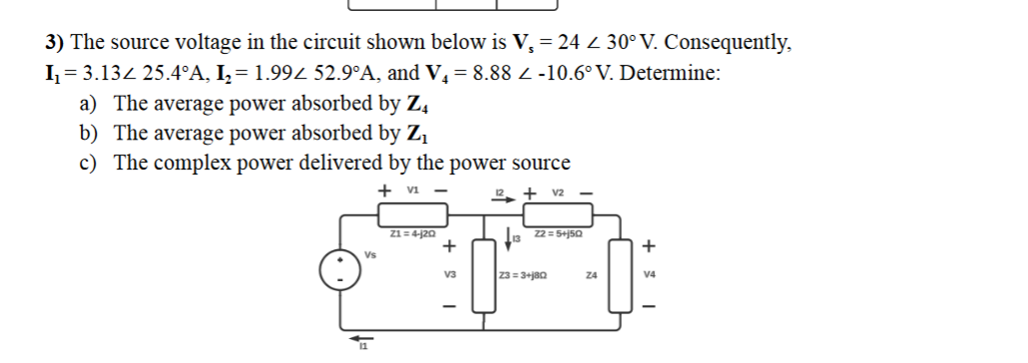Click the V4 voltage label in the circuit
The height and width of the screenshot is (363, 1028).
[x=652, y=275]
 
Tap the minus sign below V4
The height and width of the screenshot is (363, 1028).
[x=652, y=305]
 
